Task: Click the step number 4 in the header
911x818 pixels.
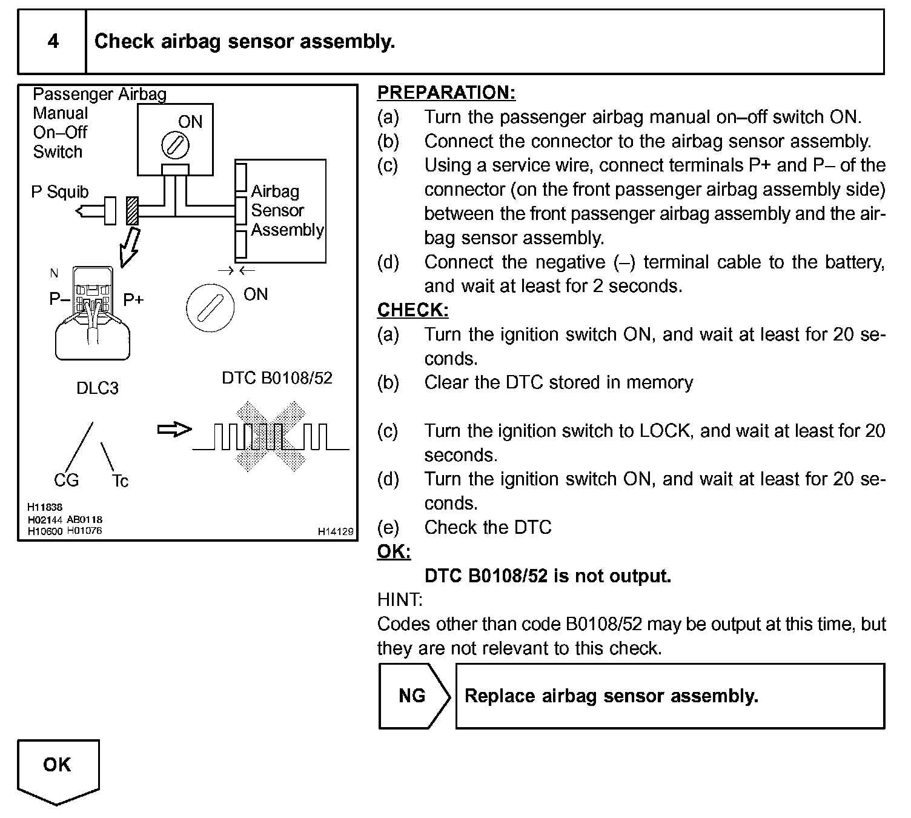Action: (53, 41)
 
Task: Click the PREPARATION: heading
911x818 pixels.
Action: (446, 93)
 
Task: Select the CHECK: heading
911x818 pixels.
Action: (412, 310)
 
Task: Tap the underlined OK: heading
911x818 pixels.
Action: (394, 551)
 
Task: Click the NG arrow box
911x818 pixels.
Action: (414, 696)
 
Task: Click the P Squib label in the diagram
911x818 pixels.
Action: (59, 192)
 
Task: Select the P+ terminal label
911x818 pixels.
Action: (133, 299)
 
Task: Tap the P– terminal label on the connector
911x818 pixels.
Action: (59, 299)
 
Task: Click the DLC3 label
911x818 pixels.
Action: (97, 388)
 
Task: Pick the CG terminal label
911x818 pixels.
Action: (66, 480)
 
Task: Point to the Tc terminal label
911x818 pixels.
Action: (120, 481)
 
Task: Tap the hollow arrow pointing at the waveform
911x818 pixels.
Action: (174, 430)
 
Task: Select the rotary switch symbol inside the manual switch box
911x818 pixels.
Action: (176, 145)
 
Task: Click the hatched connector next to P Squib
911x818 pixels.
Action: (132, 211)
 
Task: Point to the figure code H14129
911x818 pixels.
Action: (336, 531)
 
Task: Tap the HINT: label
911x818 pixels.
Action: (400, 600)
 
